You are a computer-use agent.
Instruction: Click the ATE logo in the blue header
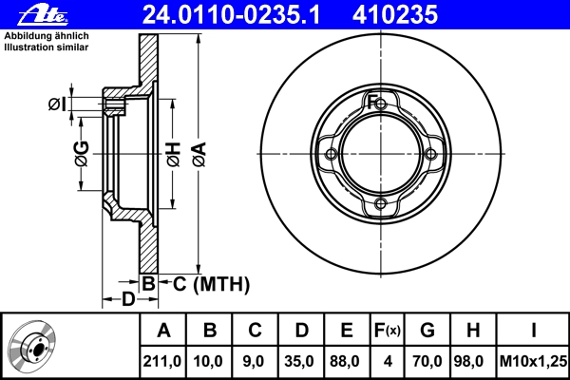coord(44,15)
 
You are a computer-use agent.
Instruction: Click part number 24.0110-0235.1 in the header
coord(231,15)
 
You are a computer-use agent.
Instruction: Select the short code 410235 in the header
coord(395,15)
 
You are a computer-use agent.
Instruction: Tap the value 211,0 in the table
coord(162,361)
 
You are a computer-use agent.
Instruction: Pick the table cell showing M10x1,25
coord(533,361)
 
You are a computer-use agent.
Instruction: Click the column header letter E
coord(347,331)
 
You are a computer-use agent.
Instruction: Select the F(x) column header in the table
coord(388,331)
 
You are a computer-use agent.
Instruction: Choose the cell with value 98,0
coord(468,361)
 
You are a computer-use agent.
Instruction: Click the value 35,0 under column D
coord(299,361)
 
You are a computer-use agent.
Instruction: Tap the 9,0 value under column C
coord(253,361)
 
